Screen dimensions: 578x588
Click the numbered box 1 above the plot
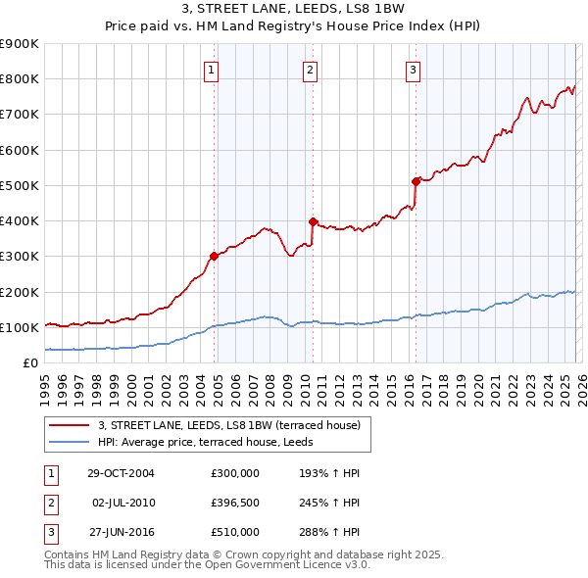212,69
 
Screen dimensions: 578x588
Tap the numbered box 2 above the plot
310,69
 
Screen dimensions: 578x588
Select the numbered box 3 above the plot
413,69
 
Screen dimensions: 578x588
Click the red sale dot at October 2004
214,257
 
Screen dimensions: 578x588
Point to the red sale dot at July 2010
313,221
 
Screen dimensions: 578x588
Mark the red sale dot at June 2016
416,181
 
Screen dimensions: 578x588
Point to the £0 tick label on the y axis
30,363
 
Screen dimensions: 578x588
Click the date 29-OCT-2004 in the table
121,473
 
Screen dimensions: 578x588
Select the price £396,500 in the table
235,503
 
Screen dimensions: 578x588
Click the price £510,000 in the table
235,532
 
